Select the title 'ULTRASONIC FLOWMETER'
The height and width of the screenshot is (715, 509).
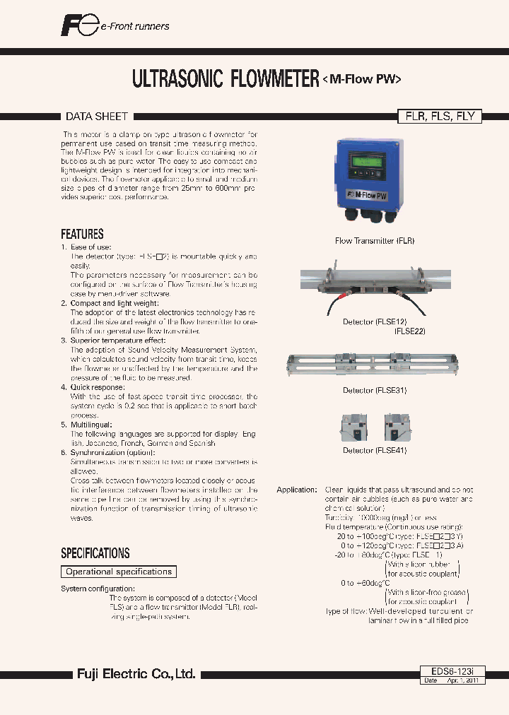point(226,78)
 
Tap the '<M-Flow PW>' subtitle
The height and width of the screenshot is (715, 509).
point(362,79)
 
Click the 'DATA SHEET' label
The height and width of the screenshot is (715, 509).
point(97,116)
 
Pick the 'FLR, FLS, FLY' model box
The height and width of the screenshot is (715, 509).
point(438,117)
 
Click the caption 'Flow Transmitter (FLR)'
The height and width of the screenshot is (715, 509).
point(375,241)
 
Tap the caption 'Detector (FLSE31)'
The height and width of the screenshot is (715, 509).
point(375,390)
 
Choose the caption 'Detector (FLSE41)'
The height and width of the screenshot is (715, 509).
point(375,450)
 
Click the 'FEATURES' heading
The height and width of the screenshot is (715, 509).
point(82,234)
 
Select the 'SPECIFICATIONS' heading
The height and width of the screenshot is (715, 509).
point(95,553)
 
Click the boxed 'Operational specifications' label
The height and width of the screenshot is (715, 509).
point(118,572)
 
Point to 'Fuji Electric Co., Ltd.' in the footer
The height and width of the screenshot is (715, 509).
point(136,674)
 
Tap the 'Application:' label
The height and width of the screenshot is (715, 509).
point(296,490)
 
